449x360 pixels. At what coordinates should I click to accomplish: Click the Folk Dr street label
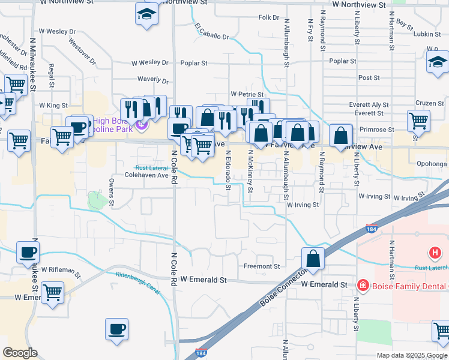(x=266, y=17)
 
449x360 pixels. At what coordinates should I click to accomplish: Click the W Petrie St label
(x=247, y=95)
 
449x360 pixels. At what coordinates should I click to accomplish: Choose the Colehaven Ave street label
(x=146, y=176)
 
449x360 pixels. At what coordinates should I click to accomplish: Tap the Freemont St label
(x=262, y=266)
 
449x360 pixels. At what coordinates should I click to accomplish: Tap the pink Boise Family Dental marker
(x=363, y=285)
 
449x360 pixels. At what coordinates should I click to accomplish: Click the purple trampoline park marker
(x=141, y=125)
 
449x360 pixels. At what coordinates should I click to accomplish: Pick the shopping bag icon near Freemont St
(x=313, y=259)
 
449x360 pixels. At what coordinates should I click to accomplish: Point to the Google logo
(x=20, y=353)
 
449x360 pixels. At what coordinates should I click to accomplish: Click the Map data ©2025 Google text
(x=412, y=356)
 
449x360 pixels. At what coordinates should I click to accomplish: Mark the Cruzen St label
(x=429, y=103)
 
